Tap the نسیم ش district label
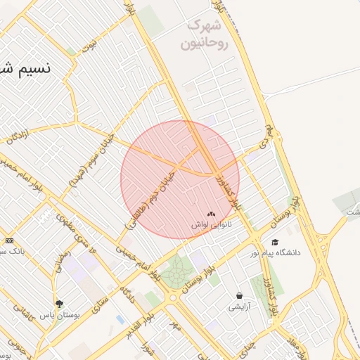25,70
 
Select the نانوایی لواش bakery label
212,225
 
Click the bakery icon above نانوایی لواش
212,213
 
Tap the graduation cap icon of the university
274,242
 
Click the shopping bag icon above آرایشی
240,296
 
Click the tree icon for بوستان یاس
60,304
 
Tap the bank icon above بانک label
9,240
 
